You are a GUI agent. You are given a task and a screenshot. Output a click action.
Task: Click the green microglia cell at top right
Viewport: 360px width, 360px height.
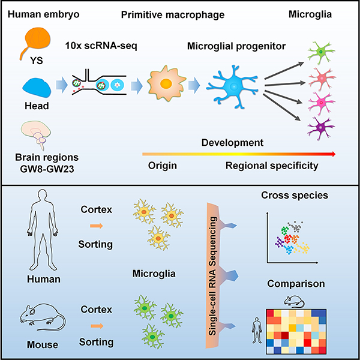(322, 52)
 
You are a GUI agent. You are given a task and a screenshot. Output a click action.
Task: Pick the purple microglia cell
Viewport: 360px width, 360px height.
(322, 126)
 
